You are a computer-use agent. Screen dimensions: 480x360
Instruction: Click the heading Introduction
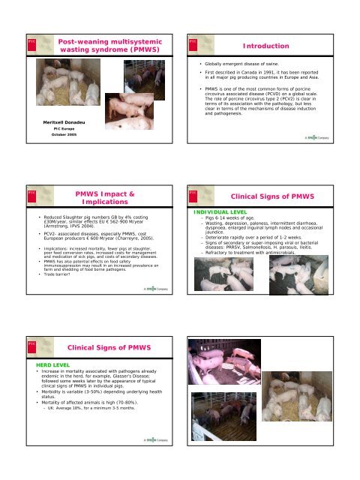297,46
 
